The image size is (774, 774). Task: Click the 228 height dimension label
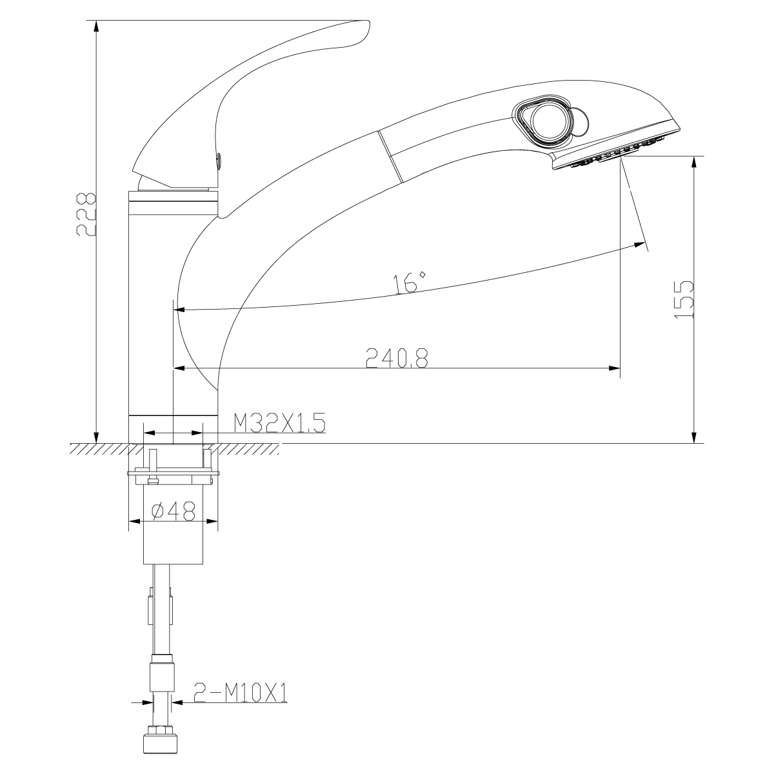tap(86, 214)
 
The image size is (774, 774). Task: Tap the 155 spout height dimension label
tap(684, 300)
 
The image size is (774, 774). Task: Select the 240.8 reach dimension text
tap(397, 358)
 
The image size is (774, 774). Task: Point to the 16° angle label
tap(409, 283)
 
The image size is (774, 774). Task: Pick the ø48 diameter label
tap(173, 511)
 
